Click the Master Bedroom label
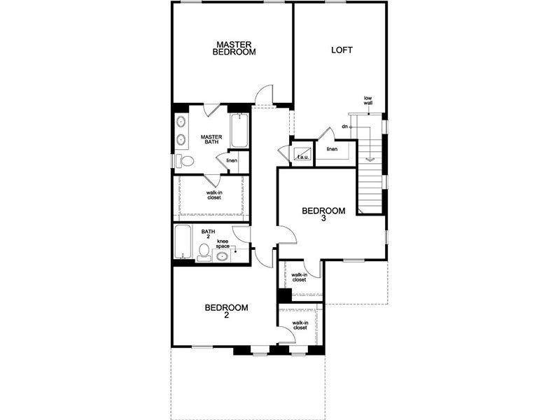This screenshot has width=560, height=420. [x=234, y=48]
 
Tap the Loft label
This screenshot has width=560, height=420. [x=342, y=50]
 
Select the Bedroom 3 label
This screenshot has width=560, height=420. [x=323, y=214]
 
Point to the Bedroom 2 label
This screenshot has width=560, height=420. [x=226, y=311]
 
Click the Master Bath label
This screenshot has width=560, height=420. [x=211, y=139]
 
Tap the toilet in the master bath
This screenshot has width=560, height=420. [x=185, y=161]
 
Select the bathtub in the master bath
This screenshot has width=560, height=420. [x=239, y=131]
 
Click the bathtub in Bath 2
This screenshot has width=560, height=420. [x=183, y=241]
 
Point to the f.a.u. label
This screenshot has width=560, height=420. [x=303, y=157]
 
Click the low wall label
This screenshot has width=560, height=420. [x=368, y=100]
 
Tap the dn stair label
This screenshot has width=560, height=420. [x=344, y=127]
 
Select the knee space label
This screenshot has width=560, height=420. [x=223, y=244]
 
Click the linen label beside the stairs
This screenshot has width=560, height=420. [x=332, y=149]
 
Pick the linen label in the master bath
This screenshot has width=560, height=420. [x=232, y=160]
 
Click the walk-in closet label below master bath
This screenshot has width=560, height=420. [x=214, y=195]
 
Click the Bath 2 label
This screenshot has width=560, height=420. [x=208, y=234]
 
